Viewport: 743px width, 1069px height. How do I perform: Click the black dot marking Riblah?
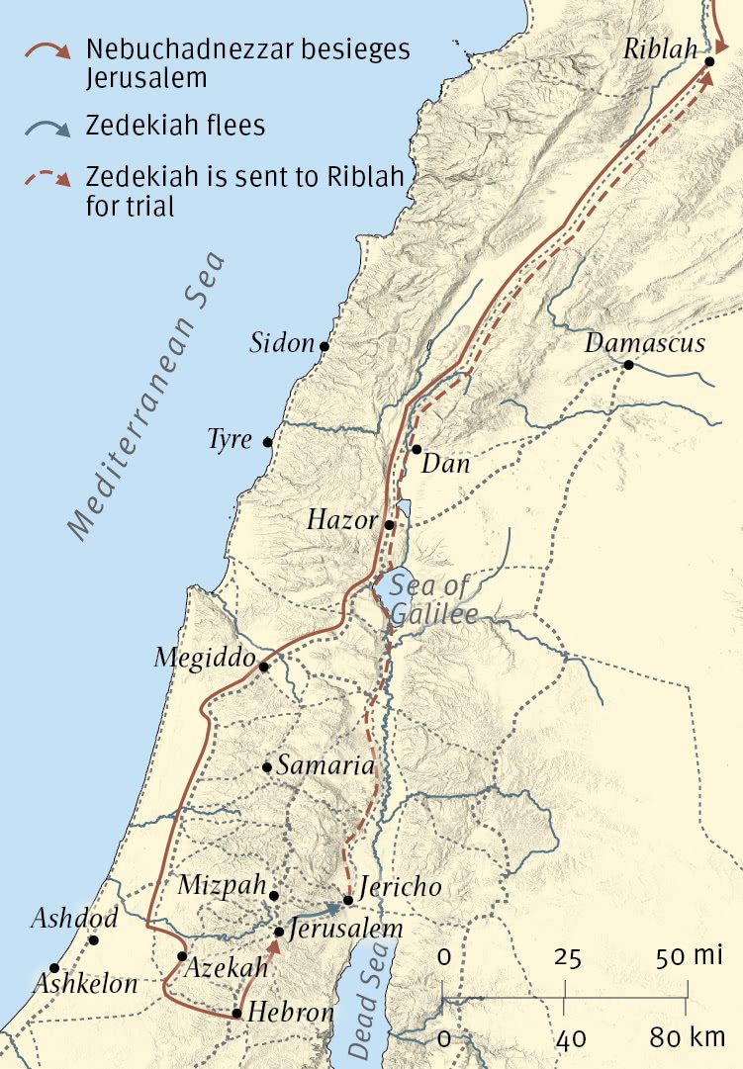[709, 61]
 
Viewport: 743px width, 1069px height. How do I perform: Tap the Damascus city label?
[645, 343]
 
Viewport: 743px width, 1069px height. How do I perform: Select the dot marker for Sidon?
[324, 346]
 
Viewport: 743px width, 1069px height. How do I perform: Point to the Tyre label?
[230, 439]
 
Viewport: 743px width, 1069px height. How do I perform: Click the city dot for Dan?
[418, 449]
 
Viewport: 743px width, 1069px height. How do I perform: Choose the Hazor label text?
[341, 520]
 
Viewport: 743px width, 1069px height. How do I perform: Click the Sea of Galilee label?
[431, 599]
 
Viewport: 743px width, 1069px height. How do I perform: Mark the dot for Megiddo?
[263, 668]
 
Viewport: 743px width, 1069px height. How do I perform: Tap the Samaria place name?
[325, 765]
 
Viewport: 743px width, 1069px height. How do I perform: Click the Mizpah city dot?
[274, 895]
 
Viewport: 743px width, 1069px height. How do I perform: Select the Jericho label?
[400, 887]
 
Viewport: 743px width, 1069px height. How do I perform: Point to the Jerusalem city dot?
[280, 932]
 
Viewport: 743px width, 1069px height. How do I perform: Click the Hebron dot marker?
[236, 1013]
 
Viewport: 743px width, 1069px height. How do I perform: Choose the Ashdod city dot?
[94, 939]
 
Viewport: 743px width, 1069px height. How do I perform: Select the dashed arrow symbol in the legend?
[48, 179]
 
